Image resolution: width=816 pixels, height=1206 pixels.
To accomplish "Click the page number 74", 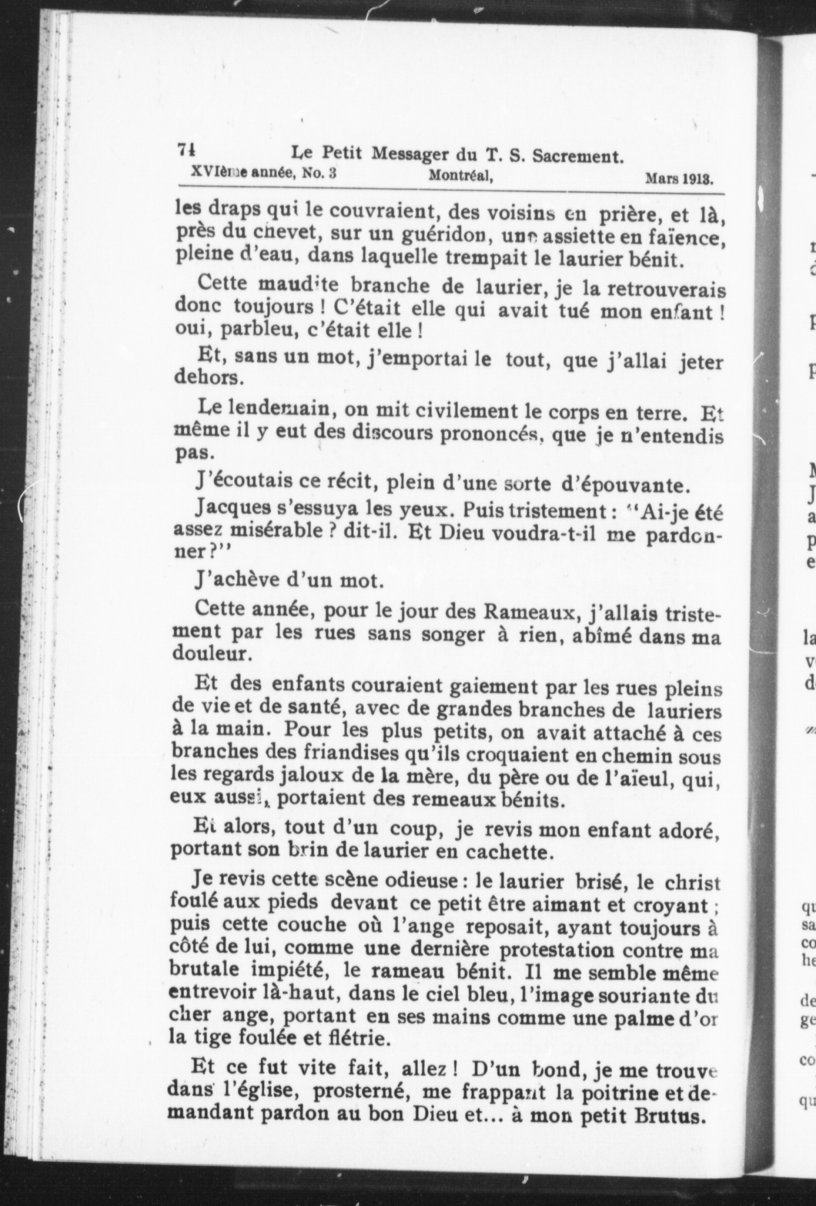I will [x=186, y=150].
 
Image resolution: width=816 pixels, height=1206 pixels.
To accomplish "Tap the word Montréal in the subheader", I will [x=460, y=176].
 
